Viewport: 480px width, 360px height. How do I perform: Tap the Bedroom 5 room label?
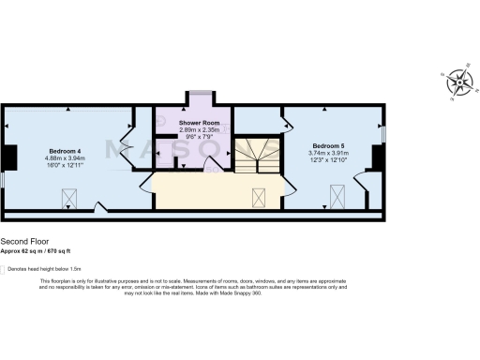329,146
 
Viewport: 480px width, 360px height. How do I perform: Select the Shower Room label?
198,122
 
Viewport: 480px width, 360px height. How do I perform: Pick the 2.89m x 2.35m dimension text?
198,129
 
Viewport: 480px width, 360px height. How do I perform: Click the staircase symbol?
256,155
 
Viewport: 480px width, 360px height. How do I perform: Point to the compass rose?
459,82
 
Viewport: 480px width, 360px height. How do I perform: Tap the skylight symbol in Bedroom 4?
68,197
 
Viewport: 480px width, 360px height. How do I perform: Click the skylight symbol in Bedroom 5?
337,196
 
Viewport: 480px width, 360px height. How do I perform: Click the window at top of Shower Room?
198,91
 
